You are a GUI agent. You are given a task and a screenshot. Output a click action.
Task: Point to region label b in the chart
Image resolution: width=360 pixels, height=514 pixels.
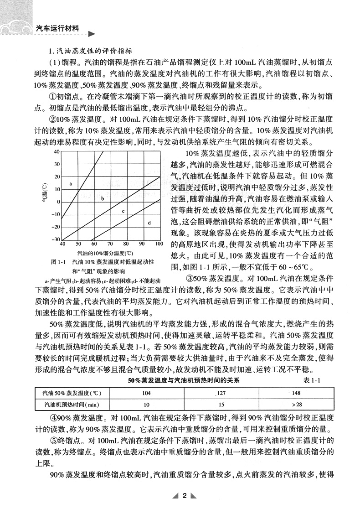(103, 198)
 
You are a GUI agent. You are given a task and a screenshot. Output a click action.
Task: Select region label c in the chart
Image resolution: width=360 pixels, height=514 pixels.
(123, 211)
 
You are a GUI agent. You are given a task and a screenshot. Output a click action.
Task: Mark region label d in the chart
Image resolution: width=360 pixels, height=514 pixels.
(149, 222)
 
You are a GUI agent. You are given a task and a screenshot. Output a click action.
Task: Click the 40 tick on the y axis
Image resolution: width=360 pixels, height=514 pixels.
(57, 151)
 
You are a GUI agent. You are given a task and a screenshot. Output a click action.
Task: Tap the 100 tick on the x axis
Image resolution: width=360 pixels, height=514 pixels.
(159, 244)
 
